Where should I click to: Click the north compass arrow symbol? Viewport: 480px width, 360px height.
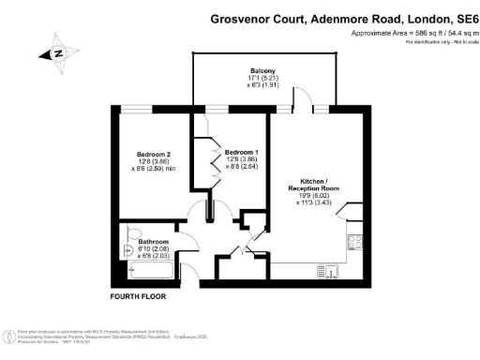(58, 54)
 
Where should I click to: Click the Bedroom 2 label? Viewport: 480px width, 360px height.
(153, 154)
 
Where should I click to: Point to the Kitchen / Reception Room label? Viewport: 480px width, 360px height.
(313, 183)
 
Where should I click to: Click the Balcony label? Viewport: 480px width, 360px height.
(262, 68)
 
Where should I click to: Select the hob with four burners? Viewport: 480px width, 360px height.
(357, 243)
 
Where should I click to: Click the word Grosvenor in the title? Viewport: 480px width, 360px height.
(244, 18)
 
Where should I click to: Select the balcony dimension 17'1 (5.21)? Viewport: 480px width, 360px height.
(262, 77)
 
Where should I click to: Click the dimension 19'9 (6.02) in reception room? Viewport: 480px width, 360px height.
(313, 196)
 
